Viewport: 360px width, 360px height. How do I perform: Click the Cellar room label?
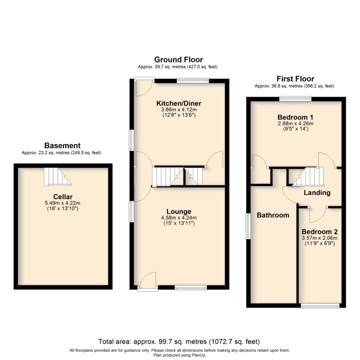[63, 197]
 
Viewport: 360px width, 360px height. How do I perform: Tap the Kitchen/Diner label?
[179, 103]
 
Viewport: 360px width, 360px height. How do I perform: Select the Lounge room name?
[179, 212]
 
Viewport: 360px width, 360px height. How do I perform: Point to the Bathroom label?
[273, 215]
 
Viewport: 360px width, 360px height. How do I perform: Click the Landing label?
[317, 193]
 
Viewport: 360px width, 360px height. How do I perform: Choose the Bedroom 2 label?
[320, 232]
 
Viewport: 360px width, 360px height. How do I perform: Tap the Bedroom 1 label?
[295, 117]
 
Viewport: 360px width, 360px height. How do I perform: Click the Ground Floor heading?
[178, 60]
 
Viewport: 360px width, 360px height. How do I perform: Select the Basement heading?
[62, 146]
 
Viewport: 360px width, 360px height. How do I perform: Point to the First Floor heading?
[295, 79]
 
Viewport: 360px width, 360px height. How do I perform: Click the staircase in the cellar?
[57, 176]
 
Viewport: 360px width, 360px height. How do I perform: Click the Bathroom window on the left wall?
[248, 226]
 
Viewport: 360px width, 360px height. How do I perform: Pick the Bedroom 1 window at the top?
[295, 98]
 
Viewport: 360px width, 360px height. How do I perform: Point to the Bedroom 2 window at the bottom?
[320, 306]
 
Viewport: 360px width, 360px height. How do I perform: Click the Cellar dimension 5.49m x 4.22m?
[63, 203]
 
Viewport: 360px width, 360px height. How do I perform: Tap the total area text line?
[179, 342]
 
